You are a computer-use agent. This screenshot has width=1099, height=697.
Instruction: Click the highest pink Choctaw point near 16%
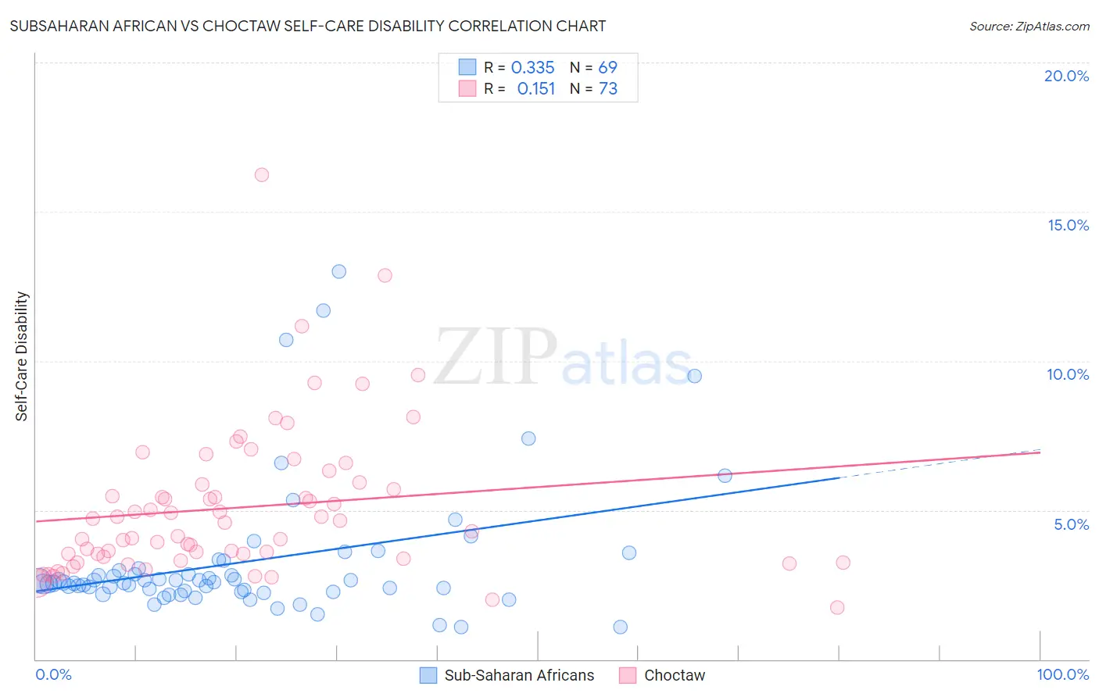[262, 175]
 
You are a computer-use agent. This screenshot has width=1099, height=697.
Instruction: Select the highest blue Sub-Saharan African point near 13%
[338, 272]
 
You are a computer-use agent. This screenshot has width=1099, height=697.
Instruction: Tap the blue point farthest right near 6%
[725, 476]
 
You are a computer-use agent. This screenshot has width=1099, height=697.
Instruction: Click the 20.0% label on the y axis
[1066, 76]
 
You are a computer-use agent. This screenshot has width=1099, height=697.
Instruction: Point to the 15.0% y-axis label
[1068, 225]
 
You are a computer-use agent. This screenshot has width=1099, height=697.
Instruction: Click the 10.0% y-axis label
[1068, 374]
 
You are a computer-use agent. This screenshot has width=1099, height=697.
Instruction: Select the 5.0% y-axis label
[1071, 524]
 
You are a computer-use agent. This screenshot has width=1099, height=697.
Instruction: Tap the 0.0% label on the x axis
[53, 674]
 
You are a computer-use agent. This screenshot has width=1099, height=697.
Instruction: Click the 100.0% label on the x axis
[1063, 674]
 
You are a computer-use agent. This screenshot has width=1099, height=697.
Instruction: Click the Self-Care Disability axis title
[22, 356]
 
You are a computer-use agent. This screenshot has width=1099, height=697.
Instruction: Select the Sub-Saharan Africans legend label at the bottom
[519, 675]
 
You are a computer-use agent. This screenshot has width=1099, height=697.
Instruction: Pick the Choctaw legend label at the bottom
[674, 675]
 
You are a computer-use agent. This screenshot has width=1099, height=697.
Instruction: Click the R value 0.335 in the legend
[532, 68]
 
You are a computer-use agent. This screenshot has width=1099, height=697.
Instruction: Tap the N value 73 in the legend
[608, 89]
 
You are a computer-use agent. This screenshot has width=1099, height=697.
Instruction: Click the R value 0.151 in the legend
[535, 89]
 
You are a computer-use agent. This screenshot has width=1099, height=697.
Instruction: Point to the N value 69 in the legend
[608, 68]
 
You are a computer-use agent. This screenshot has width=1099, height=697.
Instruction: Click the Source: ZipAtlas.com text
[1029, 27]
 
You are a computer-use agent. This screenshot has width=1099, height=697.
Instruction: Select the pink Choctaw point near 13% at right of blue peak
[385, 275]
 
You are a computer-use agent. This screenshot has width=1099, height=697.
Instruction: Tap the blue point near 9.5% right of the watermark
[694, 376]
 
